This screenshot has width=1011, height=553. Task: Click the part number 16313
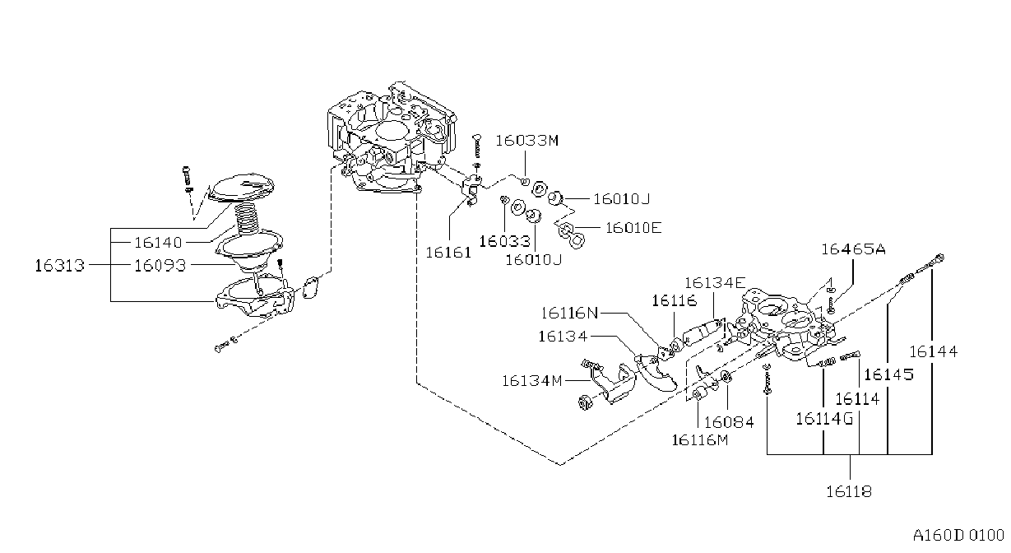(59, 266)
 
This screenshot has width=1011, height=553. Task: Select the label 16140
(159, 243)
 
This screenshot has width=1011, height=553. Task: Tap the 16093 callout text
(160, 266)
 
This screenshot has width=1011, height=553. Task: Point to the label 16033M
(527, 141)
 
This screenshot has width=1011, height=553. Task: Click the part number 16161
(448, 253)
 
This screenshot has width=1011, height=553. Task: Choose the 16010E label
(633, 228)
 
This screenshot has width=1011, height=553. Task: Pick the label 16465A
(853, 249)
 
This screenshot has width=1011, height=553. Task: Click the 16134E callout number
(715, 283)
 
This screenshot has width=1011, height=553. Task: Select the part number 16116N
(569, 313)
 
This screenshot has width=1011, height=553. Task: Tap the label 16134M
(532, 381)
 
